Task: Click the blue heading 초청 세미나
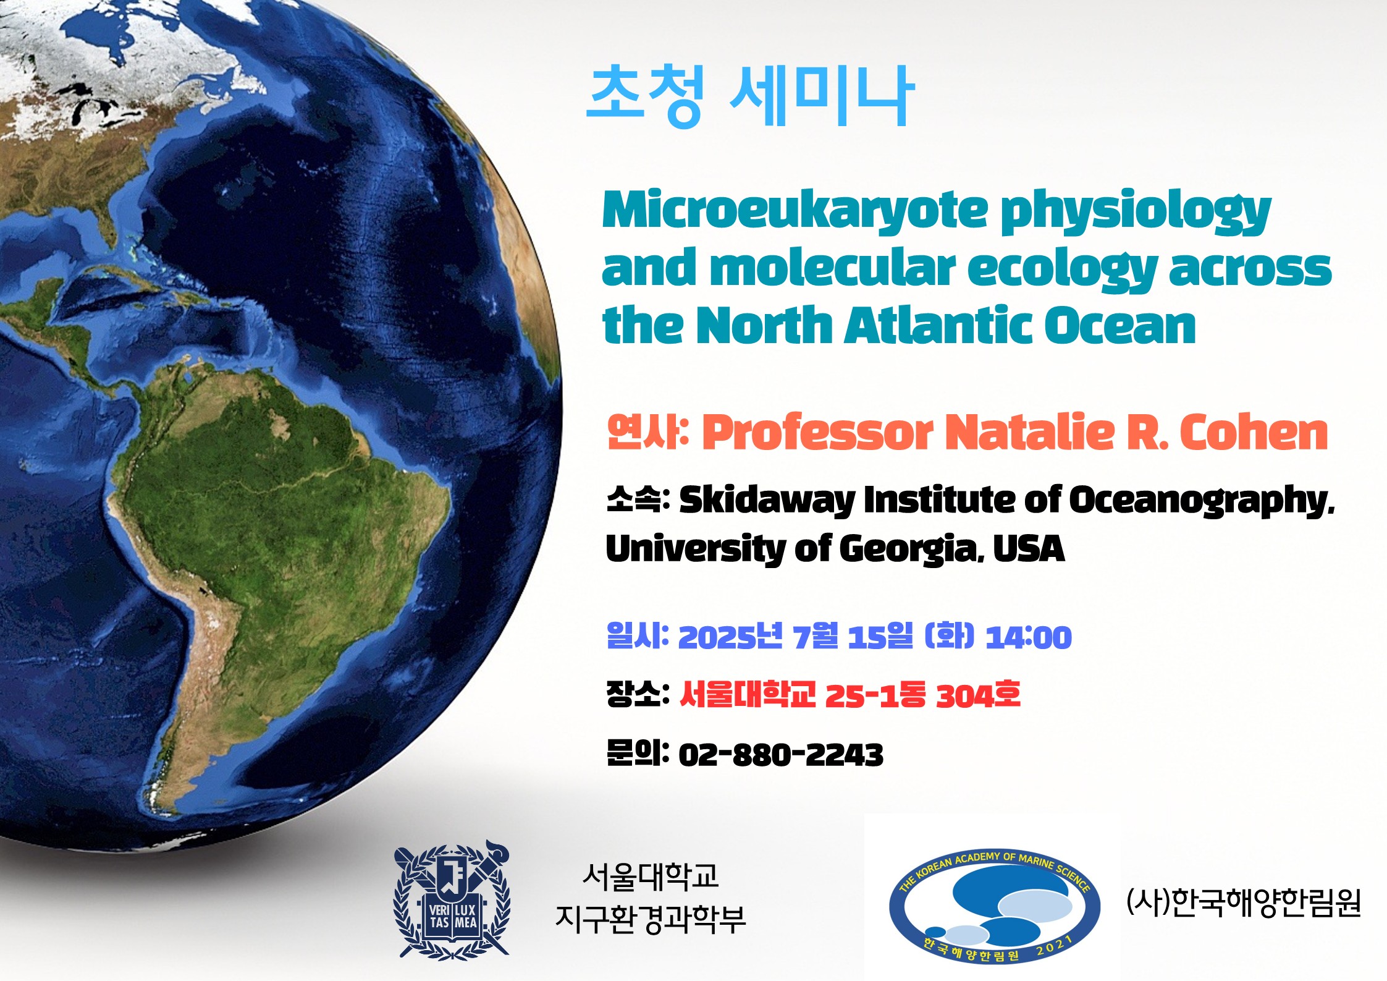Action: point(749,97)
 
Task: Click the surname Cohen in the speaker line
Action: point(1254,432)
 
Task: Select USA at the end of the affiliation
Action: point(1029,548)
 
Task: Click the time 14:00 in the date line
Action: point(1029,637)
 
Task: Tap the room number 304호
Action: point(978,695)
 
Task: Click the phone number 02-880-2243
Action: point(781,755)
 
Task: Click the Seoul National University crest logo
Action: point(452,899)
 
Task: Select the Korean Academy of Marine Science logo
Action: point(995,906)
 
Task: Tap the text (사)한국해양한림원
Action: point(1244,902)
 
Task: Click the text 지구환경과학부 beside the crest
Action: point(651,919)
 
